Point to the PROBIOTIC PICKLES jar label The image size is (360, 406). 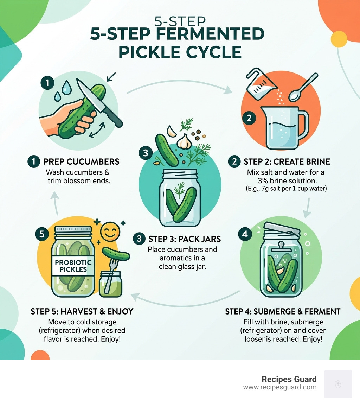(73, 266)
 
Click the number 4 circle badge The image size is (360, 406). (245, 234)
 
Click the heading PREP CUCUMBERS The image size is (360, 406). (81, 162)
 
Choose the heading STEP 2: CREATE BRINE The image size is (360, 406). (287, 162)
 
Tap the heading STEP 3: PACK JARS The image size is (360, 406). (185, 239)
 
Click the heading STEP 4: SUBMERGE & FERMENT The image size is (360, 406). (283, 311)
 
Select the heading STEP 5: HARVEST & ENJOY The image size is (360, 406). (82, 311)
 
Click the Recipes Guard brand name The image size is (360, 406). (289, 379)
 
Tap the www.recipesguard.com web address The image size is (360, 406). (280, 387)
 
